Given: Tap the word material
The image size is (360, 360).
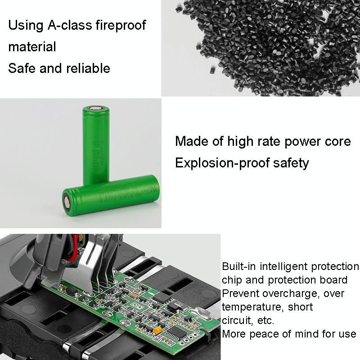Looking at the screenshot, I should click(x=32, y=46).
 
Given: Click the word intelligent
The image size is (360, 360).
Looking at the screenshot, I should click(x=288, y=266).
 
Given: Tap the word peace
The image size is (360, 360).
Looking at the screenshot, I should click(x=272, y=334).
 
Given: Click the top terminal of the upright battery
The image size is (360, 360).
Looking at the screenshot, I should click(x=96, y=109).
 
